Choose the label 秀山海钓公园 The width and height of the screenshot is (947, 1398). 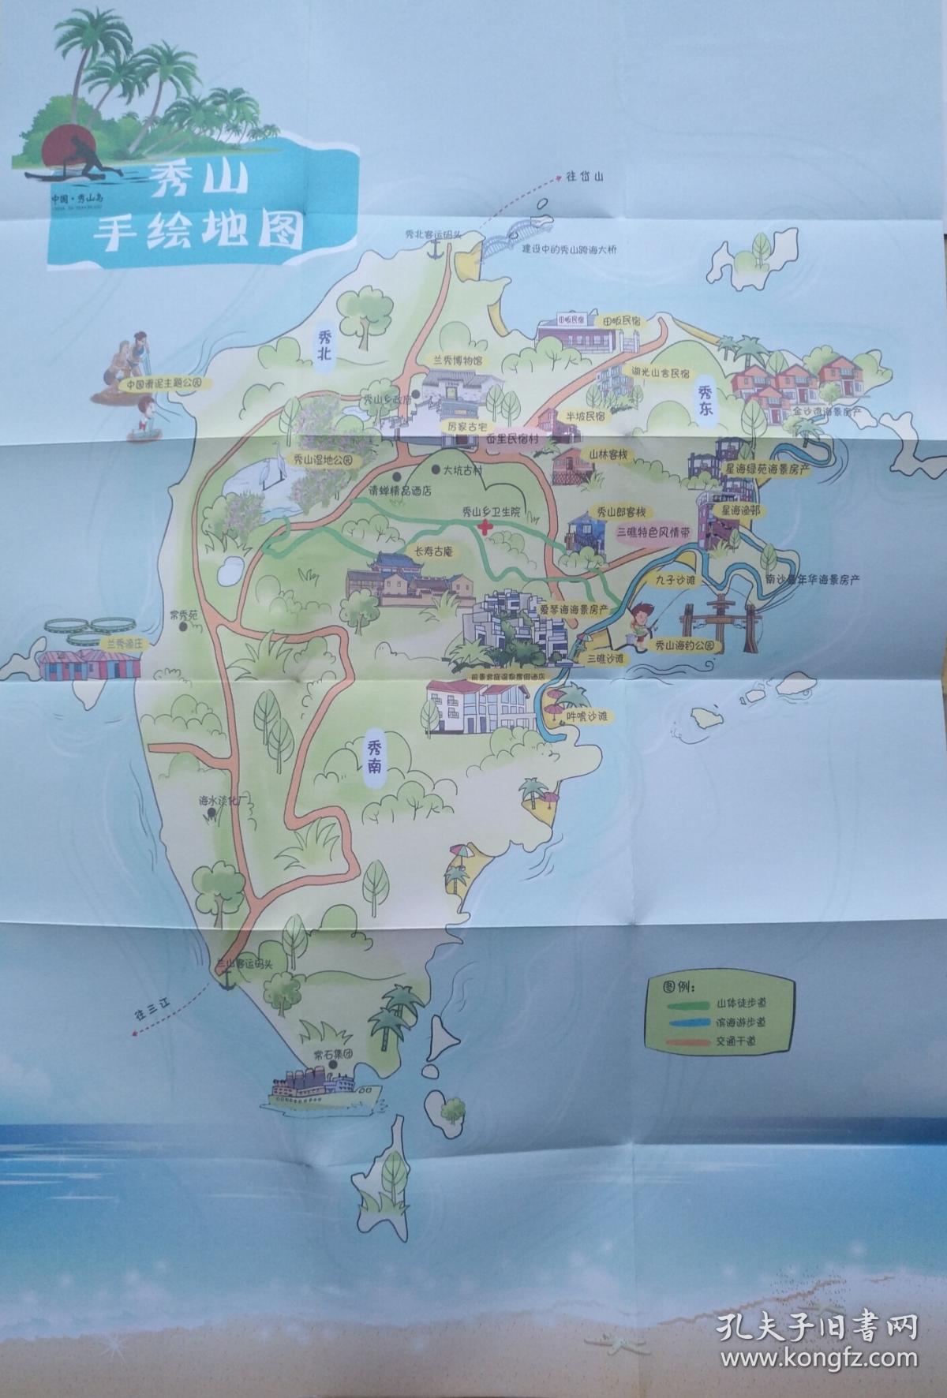(689, 645)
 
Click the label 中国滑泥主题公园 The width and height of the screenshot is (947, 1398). (170, 382)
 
